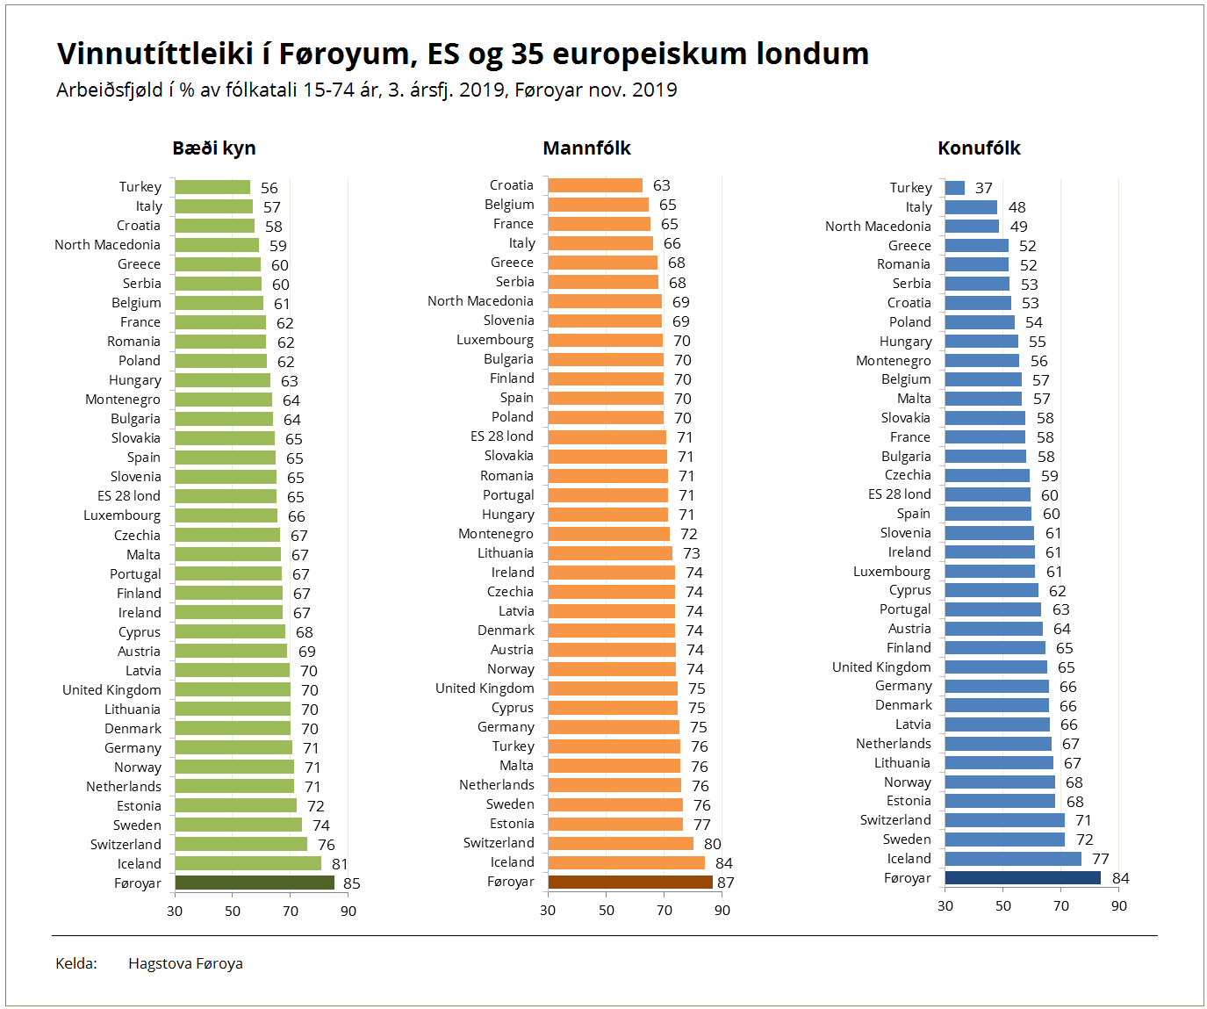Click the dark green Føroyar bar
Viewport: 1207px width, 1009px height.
(x=255, y=883)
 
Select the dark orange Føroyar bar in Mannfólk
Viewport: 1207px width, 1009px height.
(x=630, y=882)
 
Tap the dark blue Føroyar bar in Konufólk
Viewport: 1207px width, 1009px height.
(x=1023, y=877)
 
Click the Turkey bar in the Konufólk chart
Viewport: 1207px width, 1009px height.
(x=955, y=188)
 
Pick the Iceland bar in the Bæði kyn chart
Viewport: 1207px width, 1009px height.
(x=248, y=863)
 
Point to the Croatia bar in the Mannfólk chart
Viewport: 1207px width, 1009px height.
(x=595, y=185)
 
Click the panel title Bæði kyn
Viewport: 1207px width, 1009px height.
(x=214, y=148)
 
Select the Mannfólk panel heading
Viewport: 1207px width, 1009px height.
(x=586, y=148)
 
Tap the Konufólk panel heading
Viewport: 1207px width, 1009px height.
(x=979, y=148)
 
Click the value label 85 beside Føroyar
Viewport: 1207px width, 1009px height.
(x=352, y=883)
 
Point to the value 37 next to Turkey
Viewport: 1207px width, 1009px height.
(x=984, y=188)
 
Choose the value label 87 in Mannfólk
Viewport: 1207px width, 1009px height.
(x=726, y=883)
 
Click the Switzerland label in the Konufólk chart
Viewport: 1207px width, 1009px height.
(x=895, y=820)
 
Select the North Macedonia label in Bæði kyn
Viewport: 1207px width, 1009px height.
(x=107, y=245)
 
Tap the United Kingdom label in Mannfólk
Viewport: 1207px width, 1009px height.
(x=485, y=688)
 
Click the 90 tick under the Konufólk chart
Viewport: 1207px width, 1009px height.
(x=1118, y=905)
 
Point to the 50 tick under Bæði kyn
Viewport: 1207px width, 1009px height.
(x=233, y=911)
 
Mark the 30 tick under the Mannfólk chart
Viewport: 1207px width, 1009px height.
(x=548, y=910)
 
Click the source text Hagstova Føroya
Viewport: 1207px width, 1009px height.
(x=185, y=963)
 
